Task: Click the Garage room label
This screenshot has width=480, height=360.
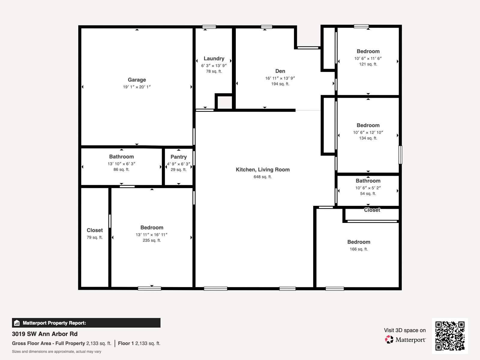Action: [137, 80]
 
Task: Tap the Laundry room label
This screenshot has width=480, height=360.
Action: [214, 58]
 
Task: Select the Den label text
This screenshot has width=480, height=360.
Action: [280, 71]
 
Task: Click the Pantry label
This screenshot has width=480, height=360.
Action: [179, 157]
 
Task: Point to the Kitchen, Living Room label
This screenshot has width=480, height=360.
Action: [262, 169]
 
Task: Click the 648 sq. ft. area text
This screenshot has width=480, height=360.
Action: [262, 177]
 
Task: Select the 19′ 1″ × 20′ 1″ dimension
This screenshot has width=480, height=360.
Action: [137, 87]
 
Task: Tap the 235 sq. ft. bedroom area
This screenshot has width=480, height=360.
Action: [152, 240]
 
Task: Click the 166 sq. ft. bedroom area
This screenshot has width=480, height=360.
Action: [358, 249]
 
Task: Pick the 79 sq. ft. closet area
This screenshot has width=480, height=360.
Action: [94, 237]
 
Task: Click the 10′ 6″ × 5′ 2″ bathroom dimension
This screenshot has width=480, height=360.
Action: [368, 188]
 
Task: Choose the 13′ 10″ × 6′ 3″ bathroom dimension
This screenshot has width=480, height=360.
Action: [121, 164]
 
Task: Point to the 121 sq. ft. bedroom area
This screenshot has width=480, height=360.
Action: [368, 64]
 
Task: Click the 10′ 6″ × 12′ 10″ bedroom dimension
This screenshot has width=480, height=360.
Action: [368, 133]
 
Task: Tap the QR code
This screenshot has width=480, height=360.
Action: [450, 336]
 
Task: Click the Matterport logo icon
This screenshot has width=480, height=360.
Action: [389, 340]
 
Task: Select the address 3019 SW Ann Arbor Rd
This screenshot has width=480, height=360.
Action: [45, 334]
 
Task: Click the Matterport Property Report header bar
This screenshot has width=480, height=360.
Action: [86, 323]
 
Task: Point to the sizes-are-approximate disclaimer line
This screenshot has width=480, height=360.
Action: [56, 352]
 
